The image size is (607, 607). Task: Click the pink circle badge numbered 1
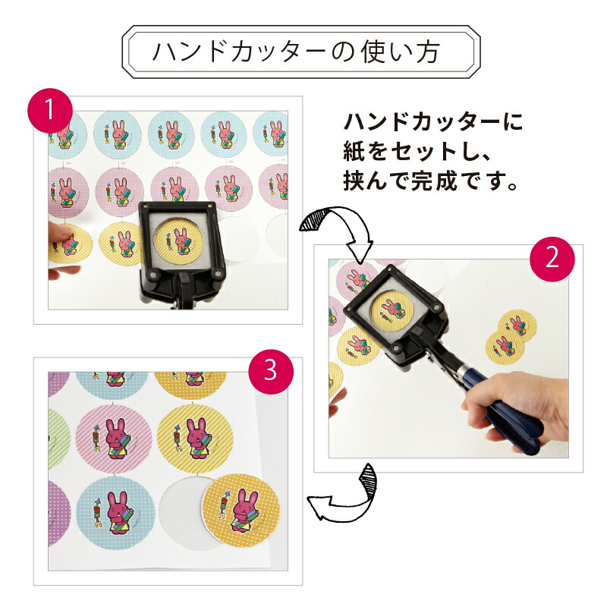(x=49, y=112)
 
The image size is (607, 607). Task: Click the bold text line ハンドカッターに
(x=433, y=121)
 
